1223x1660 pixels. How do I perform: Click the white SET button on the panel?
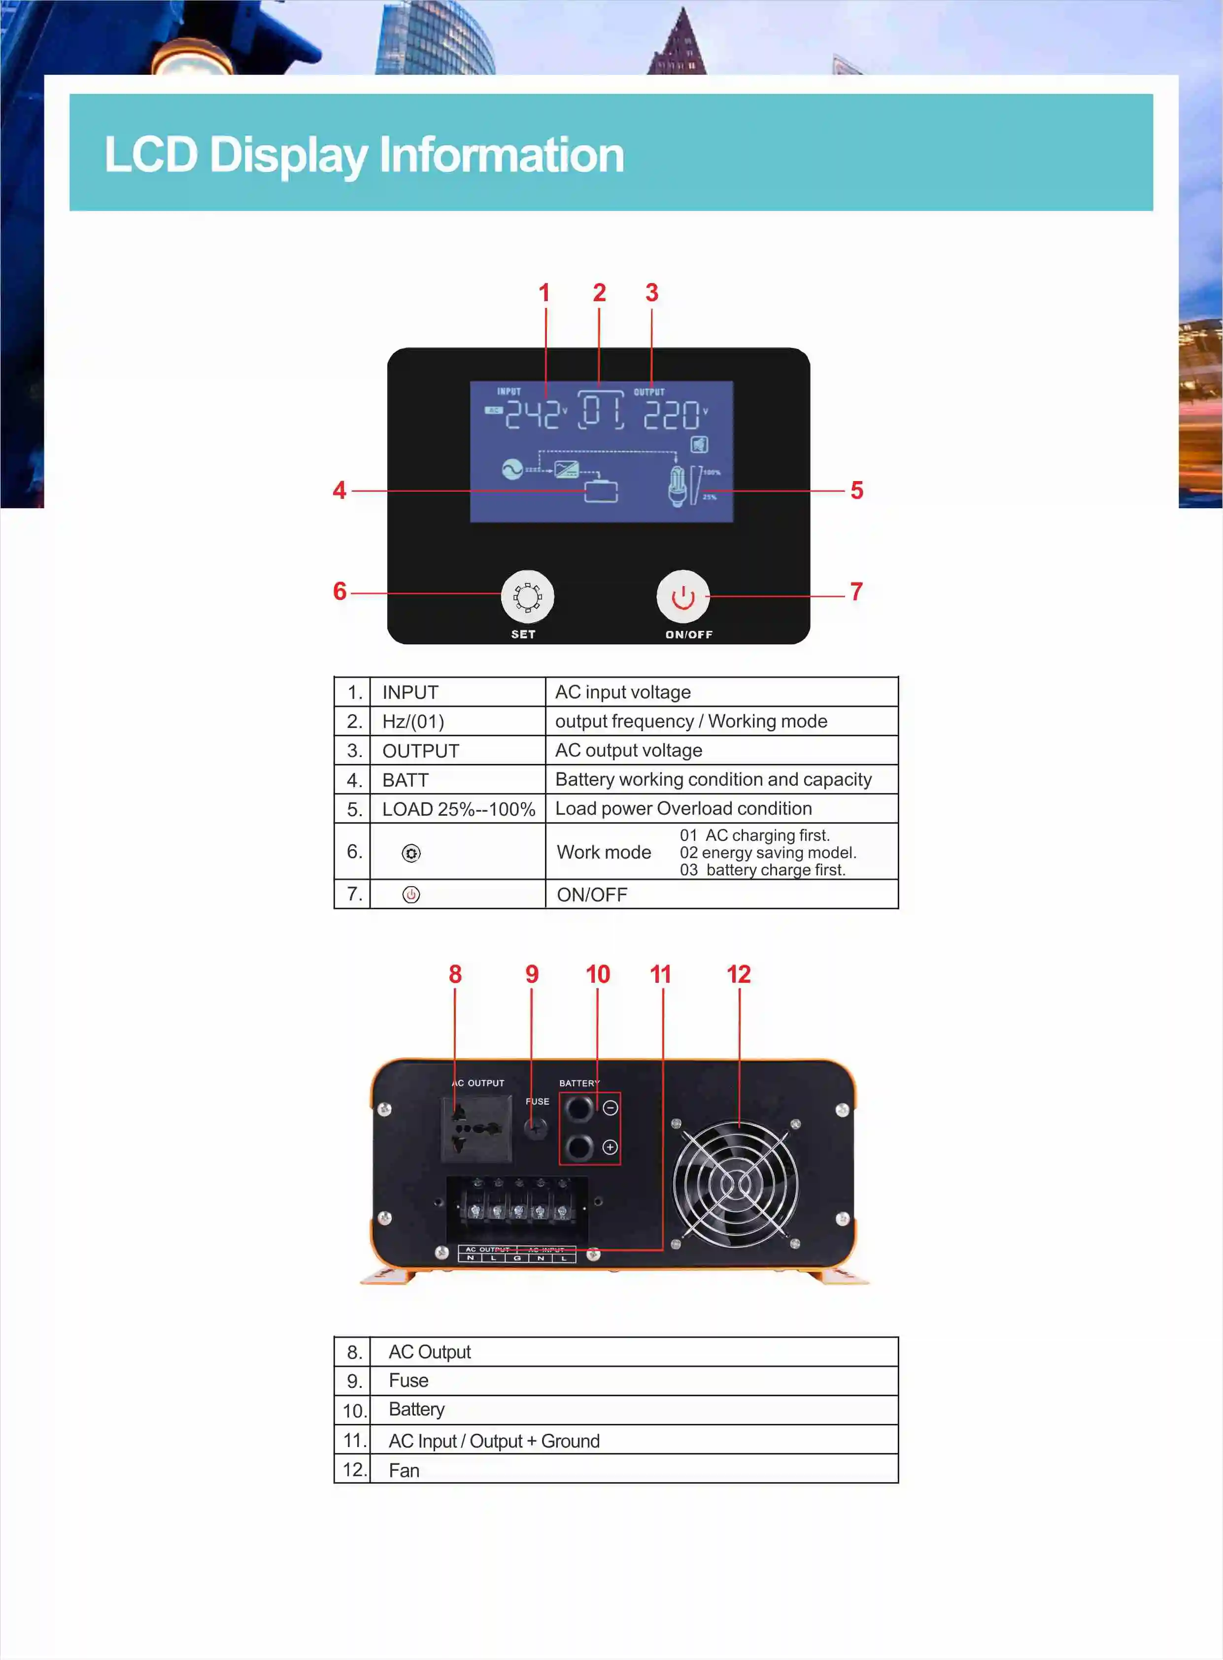pos(527,597)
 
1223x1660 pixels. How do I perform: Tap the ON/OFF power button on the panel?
pos(682,597)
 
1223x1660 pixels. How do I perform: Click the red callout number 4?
pos(339,490)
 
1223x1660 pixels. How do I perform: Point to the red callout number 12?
pos(738,974)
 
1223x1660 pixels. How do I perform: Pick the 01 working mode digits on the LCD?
pos(600,411)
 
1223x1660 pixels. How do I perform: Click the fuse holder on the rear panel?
pos(535,1128)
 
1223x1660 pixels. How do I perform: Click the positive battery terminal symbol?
pos(610,1147)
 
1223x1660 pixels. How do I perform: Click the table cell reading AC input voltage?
pos(623,692)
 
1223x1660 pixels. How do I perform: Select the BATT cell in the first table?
pos(405,780)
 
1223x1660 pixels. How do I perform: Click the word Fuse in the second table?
pos(408,1381)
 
